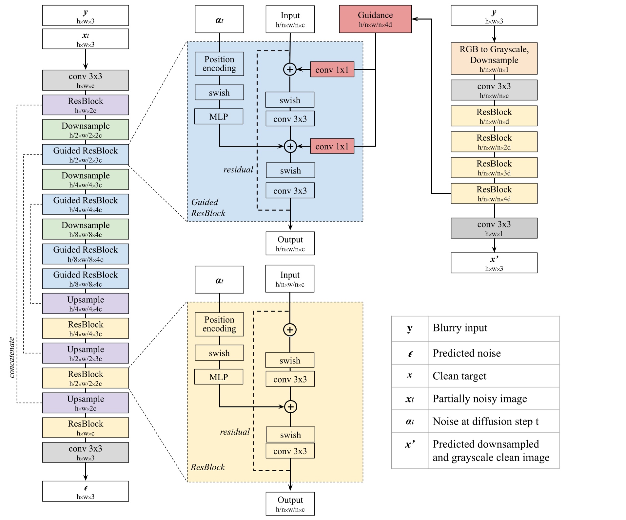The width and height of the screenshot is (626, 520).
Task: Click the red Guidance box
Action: coord(375,19)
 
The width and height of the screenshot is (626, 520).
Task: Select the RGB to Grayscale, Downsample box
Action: coord(494,58)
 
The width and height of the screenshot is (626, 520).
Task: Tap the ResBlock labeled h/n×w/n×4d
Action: coord(494,193)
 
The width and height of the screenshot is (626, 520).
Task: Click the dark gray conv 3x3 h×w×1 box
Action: coord(494,228)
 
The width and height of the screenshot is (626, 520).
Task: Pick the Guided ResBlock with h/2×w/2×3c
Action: coord(85,154)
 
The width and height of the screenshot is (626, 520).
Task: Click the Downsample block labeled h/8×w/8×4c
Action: coord(85,229)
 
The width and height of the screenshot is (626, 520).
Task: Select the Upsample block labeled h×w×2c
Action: coord(85,403)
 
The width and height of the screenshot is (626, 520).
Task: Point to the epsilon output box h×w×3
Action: coord(85,491)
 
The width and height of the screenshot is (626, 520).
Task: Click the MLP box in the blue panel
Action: coord(219,117)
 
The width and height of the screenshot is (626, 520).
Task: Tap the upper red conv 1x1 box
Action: coord(332,69)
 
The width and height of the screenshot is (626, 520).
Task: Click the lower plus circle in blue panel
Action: coord(290,146)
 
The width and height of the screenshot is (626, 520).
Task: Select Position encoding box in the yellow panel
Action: coord(219,324)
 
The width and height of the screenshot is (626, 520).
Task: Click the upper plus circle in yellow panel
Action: coord(290,330)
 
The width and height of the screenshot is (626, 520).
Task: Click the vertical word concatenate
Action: coord(12,357)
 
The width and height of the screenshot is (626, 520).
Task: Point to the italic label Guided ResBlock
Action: coord(208,207)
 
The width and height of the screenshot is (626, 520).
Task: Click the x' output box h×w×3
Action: coord(494,263)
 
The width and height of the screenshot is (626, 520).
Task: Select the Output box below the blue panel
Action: coord(290,243)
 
